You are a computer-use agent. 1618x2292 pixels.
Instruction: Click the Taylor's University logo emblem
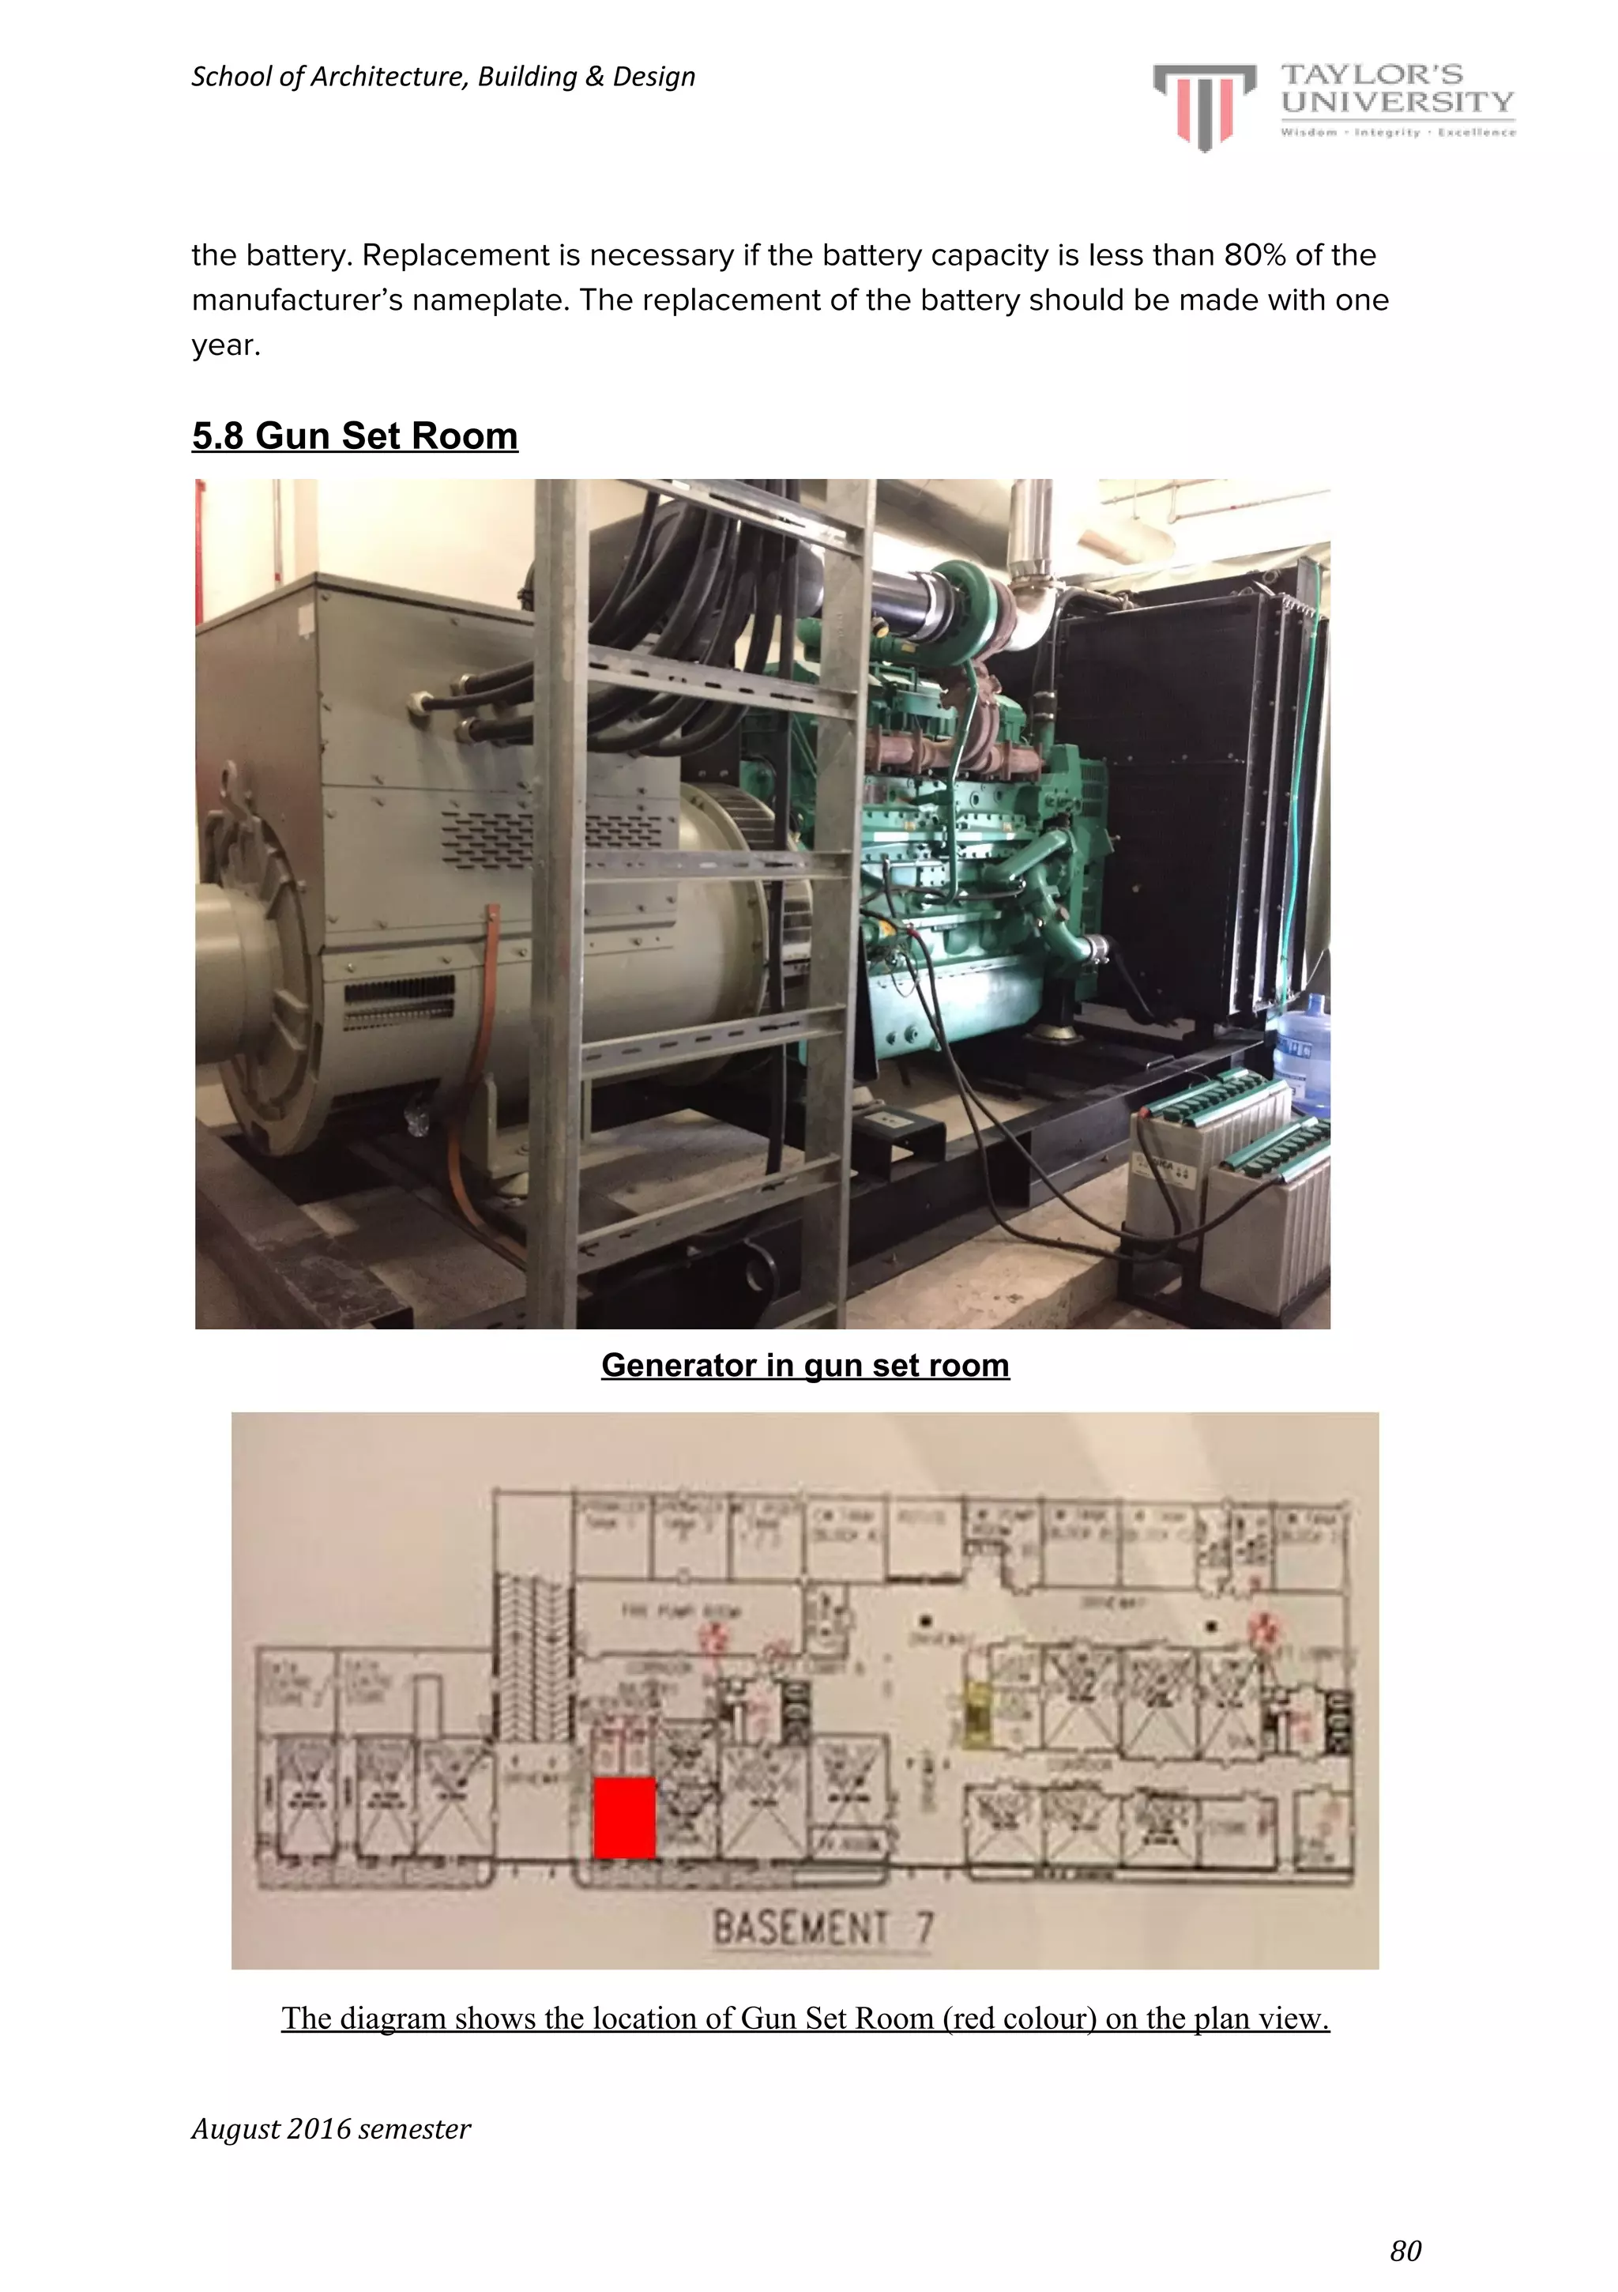pos(1204,105)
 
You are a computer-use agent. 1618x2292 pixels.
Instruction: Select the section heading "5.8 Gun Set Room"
pos(355,436)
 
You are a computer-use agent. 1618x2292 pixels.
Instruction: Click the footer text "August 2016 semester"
pos(330,2129)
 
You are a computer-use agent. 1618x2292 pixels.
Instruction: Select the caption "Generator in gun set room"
pos(804,1365)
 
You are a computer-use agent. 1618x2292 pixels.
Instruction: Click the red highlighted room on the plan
pos(624,1818)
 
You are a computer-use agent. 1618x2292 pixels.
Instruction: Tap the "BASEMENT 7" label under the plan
pos(822,1927)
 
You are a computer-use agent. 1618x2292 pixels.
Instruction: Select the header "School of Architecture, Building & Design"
pos(442,77)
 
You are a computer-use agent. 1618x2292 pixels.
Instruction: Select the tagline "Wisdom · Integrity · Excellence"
pos(1398,132)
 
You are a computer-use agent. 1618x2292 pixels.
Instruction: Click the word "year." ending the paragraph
pos(226,345)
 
